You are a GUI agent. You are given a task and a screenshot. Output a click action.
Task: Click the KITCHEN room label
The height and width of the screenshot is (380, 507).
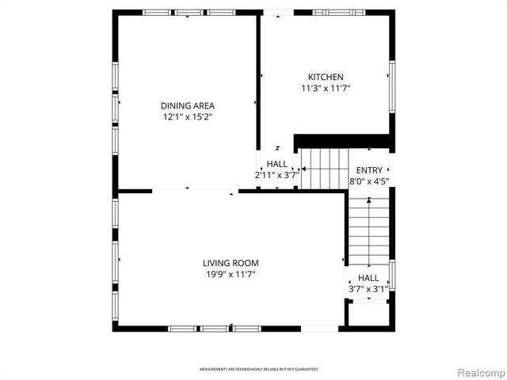point(326,77)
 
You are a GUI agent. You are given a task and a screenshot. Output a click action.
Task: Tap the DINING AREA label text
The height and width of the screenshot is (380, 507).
point(188,105)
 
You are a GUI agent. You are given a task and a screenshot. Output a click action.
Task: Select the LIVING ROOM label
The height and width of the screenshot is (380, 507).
point(231,263)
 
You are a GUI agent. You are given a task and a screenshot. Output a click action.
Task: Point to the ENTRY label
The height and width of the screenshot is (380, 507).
point(369,170)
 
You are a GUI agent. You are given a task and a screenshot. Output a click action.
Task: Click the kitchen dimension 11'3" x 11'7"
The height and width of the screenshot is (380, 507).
point(326,89)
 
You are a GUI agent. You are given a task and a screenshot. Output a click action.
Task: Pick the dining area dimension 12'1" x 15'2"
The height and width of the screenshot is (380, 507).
point(188,117)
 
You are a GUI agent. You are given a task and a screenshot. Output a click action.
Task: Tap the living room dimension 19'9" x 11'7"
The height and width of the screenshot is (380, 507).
point(231,275)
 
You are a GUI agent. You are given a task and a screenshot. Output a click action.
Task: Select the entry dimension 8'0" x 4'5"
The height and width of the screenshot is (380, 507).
point(369,181)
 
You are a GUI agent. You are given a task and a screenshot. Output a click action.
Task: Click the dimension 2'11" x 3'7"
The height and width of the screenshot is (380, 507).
point(276,175)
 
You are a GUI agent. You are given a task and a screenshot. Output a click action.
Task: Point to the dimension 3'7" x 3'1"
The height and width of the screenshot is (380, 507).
point(368,290)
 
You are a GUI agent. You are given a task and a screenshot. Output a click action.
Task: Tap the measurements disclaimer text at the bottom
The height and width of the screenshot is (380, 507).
point(258,370)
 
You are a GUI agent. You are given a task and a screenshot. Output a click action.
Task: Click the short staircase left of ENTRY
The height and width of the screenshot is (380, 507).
point(323,168)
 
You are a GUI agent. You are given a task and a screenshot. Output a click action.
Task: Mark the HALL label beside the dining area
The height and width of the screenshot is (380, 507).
point(277,164)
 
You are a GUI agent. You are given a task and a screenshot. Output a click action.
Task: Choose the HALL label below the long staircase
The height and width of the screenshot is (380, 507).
point(368,278)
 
